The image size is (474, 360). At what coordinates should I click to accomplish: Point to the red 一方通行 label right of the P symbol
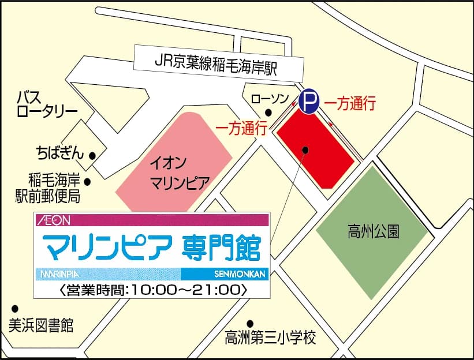coord(350,104)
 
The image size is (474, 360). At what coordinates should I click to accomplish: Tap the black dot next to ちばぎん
coord(92,155)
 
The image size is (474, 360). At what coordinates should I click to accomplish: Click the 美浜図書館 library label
coord(41,325)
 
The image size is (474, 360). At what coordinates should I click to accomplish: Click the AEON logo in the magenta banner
coord(53,220)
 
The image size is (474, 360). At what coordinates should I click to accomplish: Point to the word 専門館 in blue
coord(220,248)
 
